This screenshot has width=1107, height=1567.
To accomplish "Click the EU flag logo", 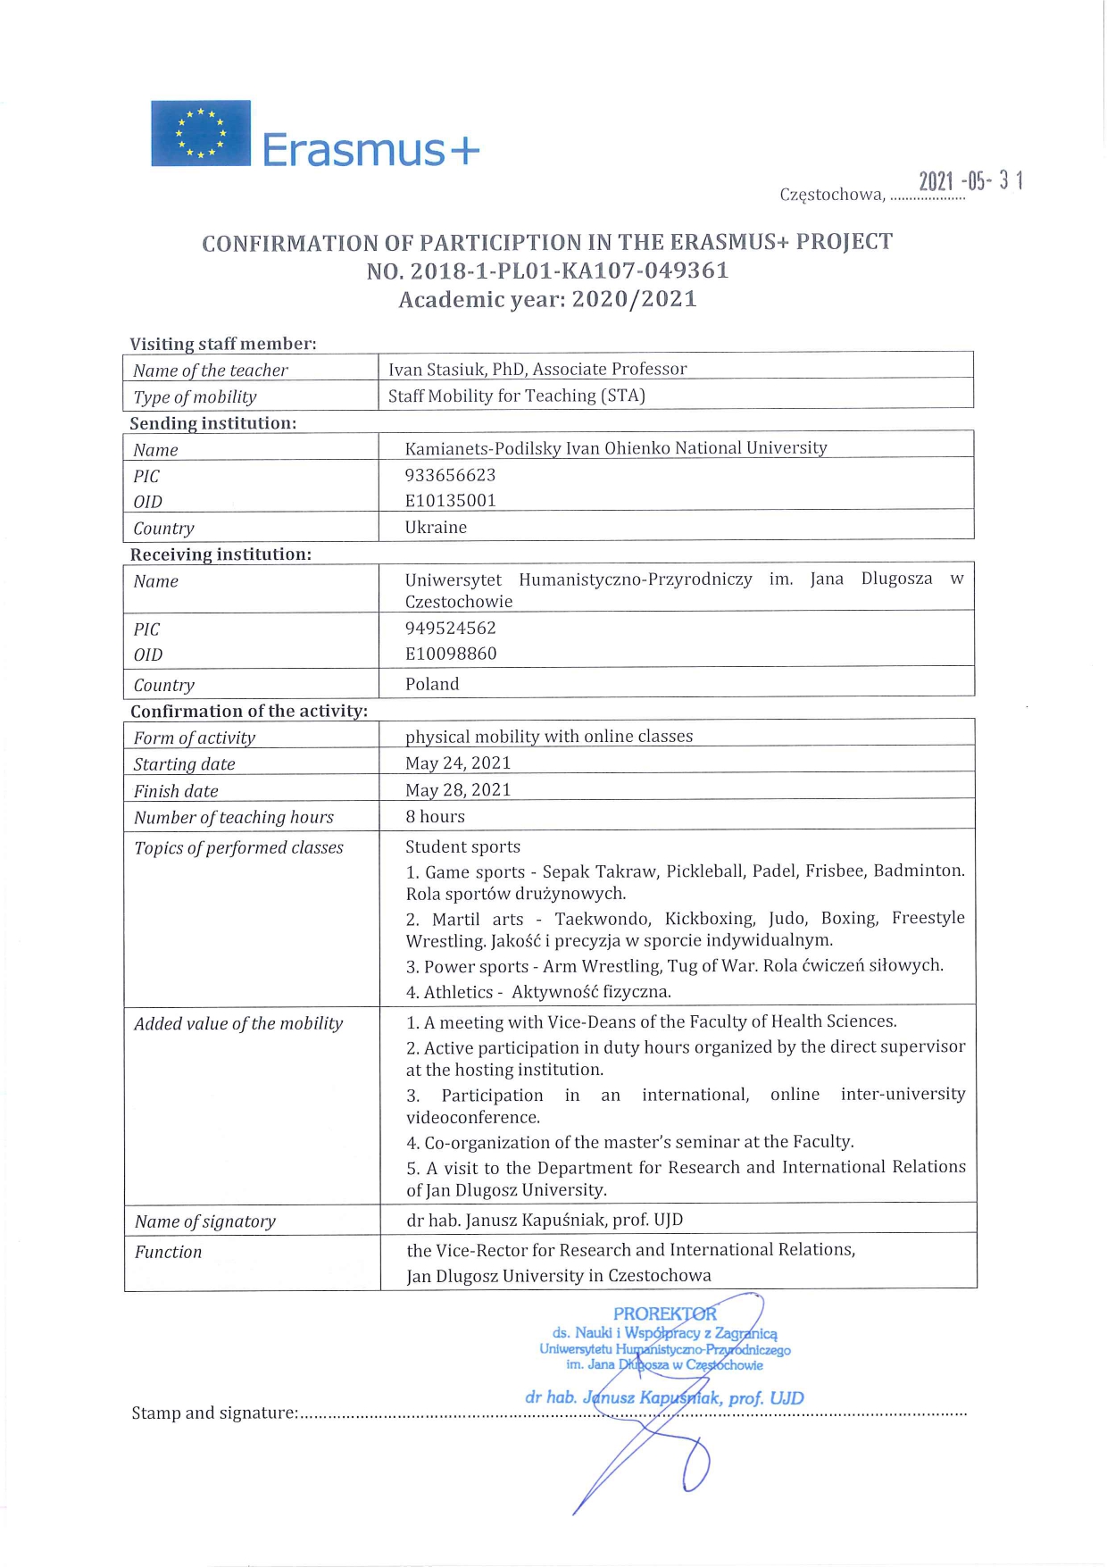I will tap(201, 133).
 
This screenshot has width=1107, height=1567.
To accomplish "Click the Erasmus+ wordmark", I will tap(370, 149).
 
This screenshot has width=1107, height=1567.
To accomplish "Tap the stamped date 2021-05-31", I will tap(970, 181).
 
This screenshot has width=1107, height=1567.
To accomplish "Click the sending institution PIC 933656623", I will tap(450, 475).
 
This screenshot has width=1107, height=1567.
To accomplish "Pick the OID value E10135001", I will tap(450, 500).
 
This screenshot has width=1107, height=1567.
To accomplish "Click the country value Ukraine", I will tap(436, 527).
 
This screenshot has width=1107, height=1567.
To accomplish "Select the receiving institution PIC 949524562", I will tap(450, 628).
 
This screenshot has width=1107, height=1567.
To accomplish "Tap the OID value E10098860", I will tap(451, 654).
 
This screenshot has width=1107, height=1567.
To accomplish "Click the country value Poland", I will tap(432, 684).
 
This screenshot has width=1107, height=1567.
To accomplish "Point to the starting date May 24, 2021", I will tap(458, 763).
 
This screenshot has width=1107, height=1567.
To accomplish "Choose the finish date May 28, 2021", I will tap(458, 789).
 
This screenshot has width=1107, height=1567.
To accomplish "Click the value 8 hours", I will tap(435, 816).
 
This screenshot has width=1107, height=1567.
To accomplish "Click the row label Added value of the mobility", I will tap(238, 1023).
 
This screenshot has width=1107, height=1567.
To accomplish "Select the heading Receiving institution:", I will tap(221, 554).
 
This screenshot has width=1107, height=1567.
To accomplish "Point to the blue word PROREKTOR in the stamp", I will tap(664, 1314).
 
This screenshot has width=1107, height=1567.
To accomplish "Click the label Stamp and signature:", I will tap(214, 1413).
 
